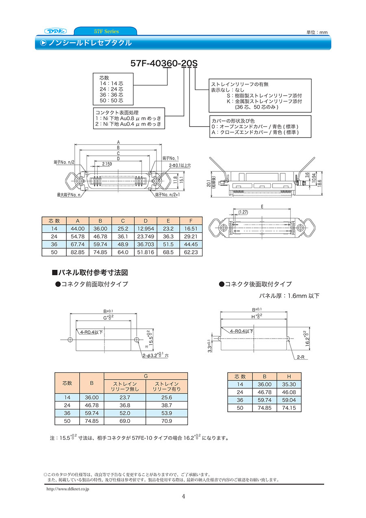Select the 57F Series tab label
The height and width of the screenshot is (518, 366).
click(x=106, y=31)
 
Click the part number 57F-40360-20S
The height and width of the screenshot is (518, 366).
click(x=164, y=63)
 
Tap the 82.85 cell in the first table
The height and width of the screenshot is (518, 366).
click(x=78, y=252)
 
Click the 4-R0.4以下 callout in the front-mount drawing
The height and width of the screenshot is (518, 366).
click(x=91, y=332)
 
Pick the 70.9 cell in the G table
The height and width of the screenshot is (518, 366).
click(x=167, y=421)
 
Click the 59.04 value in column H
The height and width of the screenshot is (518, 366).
click(x=289, y=400)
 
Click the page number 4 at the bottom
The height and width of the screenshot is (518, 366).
click(x=183, y=496)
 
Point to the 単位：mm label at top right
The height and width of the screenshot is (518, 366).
click(x=317, y=33)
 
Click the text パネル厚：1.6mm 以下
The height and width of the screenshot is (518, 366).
click(x=289, y=296)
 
